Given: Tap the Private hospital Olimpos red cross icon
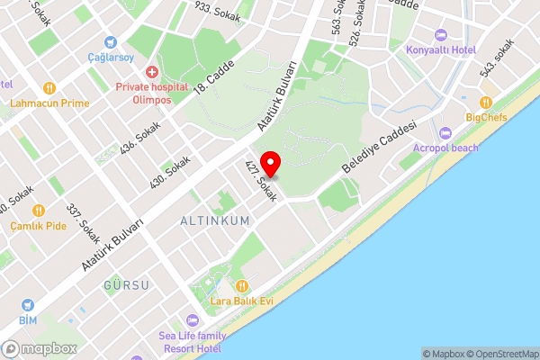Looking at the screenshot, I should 152,70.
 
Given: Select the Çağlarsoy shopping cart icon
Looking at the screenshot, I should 111,41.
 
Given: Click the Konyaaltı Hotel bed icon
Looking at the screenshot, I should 440,35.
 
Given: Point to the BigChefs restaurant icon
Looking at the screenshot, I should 487,103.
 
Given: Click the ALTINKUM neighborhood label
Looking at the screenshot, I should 214,220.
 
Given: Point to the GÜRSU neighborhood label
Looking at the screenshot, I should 126,285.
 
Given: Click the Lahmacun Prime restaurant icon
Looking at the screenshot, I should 49,88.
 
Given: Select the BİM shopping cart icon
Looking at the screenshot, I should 27,306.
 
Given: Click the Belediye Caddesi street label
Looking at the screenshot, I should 382,147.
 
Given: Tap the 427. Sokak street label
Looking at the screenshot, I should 260,181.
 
